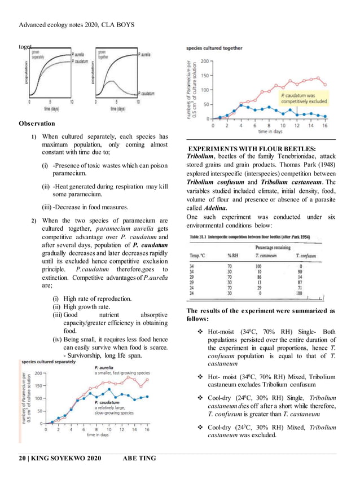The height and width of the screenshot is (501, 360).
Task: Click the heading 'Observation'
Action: pos(37,123)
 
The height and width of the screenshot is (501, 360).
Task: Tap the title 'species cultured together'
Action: pos(214,48)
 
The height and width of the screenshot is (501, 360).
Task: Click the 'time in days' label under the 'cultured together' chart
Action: pos(270,131)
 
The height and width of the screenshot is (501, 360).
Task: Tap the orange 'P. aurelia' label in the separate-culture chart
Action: pos(104,367)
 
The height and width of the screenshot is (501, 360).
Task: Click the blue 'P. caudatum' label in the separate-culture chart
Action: pos(108,402)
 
